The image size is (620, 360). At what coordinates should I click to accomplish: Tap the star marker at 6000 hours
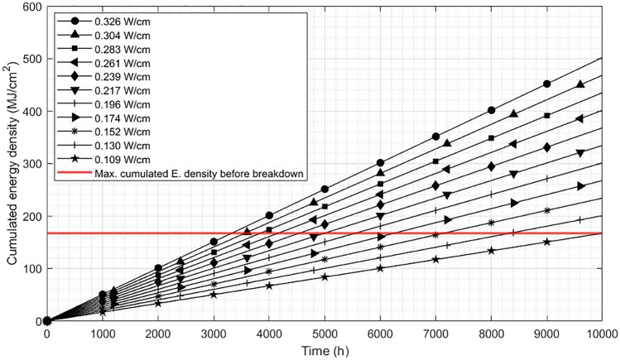[x=380, y=268]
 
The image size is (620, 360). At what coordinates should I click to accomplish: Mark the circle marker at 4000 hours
[x=269, y=215]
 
